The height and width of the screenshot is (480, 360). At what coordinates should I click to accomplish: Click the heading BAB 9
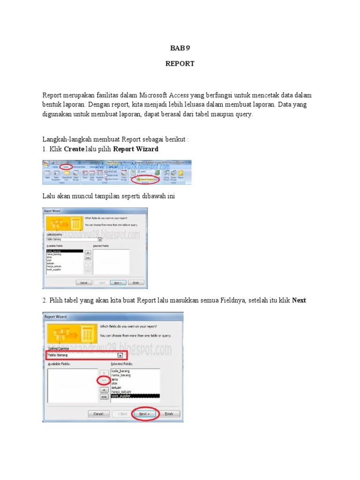180,48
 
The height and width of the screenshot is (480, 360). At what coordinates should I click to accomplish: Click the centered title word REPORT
180,64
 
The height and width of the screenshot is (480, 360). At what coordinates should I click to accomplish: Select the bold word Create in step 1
74,149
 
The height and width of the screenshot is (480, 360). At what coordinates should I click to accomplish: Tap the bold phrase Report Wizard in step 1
136,149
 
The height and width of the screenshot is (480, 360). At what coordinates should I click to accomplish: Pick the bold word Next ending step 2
299,300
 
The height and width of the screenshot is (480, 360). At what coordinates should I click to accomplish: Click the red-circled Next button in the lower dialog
145,414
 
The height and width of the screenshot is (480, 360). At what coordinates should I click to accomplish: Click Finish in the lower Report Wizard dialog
169,414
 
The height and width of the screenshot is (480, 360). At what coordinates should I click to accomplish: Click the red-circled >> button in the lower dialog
104,380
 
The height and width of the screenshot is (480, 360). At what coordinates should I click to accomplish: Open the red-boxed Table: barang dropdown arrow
120,356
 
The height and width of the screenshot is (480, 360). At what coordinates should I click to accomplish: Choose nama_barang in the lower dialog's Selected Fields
121,375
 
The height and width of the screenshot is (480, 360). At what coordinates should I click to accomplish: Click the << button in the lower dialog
104,397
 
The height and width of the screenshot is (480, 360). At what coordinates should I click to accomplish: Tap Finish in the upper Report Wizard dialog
136,283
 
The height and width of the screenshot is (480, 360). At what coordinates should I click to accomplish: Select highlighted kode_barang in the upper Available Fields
54,251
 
